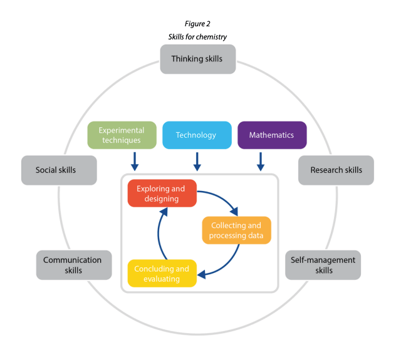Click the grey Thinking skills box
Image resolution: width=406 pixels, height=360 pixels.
pos(197,59)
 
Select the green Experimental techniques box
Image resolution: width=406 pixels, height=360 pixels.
pos(122,135)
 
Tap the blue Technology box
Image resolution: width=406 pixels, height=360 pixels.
pos(196,135)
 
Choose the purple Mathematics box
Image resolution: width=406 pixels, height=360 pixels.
pos(272,135)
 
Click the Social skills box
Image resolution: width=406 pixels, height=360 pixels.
pos(59,170)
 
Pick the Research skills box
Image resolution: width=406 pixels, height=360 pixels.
pos(336,170)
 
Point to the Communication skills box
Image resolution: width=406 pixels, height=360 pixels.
pos(73,265)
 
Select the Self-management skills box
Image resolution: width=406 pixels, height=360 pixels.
pos(323,265)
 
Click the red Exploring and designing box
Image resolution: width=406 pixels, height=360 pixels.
pos(162,193)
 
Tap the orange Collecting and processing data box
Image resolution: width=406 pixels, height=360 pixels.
pos(236,230)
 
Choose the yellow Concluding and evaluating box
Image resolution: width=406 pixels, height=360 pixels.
pos(162,274)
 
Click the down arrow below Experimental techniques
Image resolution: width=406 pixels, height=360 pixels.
pos(135,162)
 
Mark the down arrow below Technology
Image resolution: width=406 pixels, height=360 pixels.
pos(197,162)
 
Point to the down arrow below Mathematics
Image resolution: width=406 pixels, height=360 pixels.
pos(261,162)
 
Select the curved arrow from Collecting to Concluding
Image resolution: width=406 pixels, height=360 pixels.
pos(227,261)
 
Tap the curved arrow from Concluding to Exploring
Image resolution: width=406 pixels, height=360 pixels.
pos(159,235)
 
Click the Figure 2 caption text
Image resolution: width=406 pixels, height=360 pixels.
pos(197,24)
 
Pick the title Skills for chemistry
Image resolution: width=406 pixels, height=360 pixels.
pos(197,37)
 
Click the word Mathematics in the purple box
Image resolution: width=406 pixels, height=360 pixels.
pos(272,135)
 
